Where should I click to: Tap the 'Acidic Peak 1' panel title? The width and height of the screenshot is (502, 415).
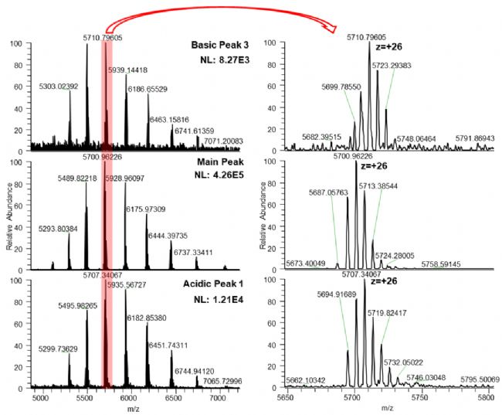point(221,284)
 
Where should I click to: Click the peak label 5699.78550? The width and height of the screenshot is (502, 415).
point(345,87)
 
